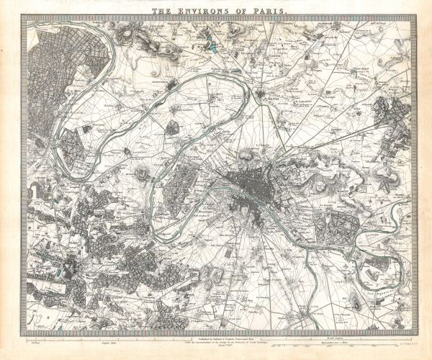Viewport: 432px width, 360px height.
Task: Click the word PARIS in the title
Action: pyautogui.click(x=267, y=12)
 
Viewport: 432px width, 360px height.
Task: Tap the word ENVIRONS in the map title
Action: pyautogui.click(x=213, y=12)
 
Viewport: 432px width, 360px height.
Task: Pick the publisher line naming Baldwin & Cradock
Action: pyautogui.click(x=216, y=338)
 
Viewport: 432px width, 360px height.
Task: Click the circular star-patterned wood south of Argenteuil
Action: pyautogui.click(x=173, y=128)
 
